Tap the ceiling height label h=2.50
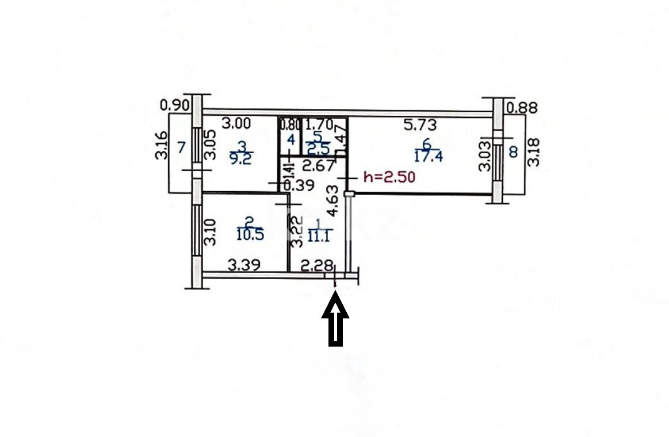(389, 178)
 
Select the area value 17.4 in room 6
(429, 155)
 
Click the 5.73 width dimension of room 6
(420, 124)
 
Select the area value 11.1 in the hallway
(320, 233)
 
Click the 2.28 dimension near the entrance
(318, 265)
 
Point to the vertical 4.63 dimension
(332, 199)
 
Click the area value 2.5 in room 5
(318, 150)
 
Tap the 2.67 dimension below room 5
(318, 168)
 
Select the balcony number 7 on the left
(181, 147)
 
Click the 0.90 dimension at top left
(174, 105)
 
